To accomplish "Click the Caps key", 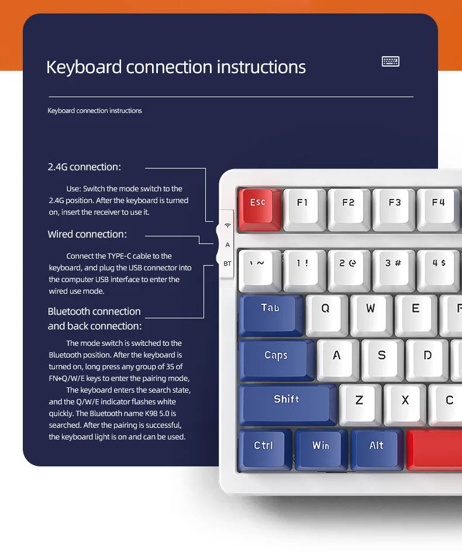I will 275,356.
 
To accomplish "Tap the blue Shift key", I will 287,401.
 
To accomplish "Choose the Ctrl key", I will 264,447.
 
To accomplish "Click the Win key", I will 320,447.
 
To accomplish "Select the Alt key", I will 377,447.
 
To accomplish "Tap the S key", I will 382,356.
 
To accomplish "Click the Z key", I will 359,402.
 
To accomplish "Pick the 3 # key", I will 393,266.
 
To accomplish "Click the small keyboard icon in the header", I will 391,61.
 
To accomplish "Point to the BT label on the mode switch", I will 227,264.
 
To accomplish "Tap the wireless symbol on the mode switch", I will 227,225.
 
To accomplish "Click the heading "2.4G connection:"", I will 84,167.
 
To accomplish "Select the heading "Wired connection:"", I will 87,234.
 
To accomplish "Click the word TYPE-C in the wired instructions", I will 122,256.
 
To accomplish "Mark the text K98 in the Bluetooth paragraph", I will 142,413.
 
